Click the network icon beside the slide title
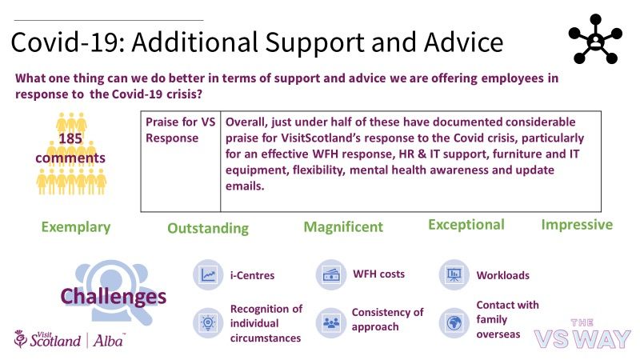(x=595, y=39)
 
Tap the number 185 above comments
(x=70, y=138)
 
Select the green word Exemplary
(x=76, y=227)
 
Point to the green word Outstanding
(x=208, y=228)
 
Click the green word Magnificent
(x=343, y=226)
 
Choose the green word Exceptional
(x=466, y=225)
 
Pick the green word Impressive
(x=577, y=225)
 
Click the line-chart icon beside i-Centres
(x=208, y=274)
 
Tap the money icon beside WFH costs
(x=331, y=274)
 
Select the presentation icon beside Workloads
(x=454, y=274)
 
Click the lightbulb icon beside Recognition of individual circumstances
(x=208, y=323)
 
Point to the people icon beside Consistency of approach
(x=331, y=323)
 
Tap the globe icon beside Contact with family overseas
(x=454, y=323)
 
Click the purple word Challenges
(x=114, y=296)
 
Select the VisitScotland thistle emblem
(x=20, y=338)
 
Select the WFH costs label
(x=378, y=274)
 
